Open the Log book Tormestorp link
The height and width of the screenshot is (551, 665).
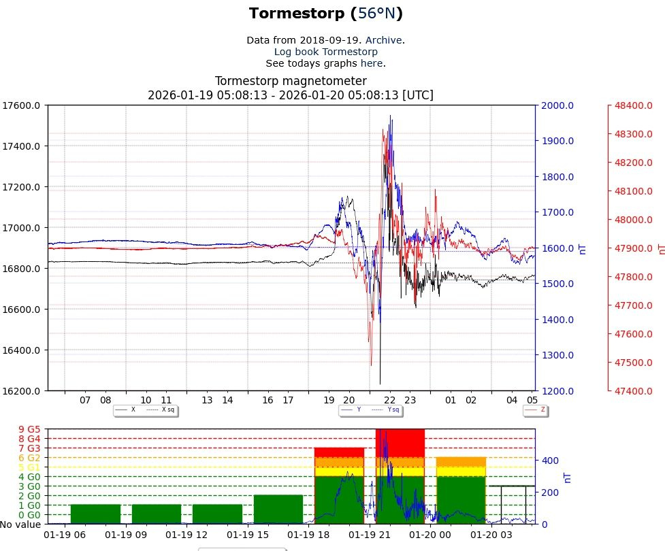pos(325,52)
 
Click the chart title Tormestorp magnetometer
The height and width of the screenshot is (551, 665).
pos(291,81)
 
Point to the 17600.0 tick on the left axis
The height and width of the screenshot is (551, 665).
pos(21,105)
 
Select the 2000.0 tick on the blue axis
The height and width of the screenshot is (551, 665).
pos(558,105)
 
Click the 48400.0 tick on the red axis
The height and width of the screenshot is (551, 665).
pos(633,105)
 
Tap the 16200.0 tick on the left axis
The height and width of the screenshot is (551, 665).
pos(21,391)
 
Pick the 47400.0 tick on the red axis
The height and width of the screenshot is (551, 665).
pos(633,391)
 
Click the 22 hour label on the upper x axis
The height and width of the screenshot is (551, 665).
pos(390,401)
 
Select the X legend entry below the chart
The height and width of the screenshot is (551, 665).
pos(133,410)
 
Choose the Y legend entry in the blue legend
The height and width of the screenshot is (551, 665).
pos(359,410)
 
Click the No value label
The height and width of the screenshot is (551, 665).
pos(21,524)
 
